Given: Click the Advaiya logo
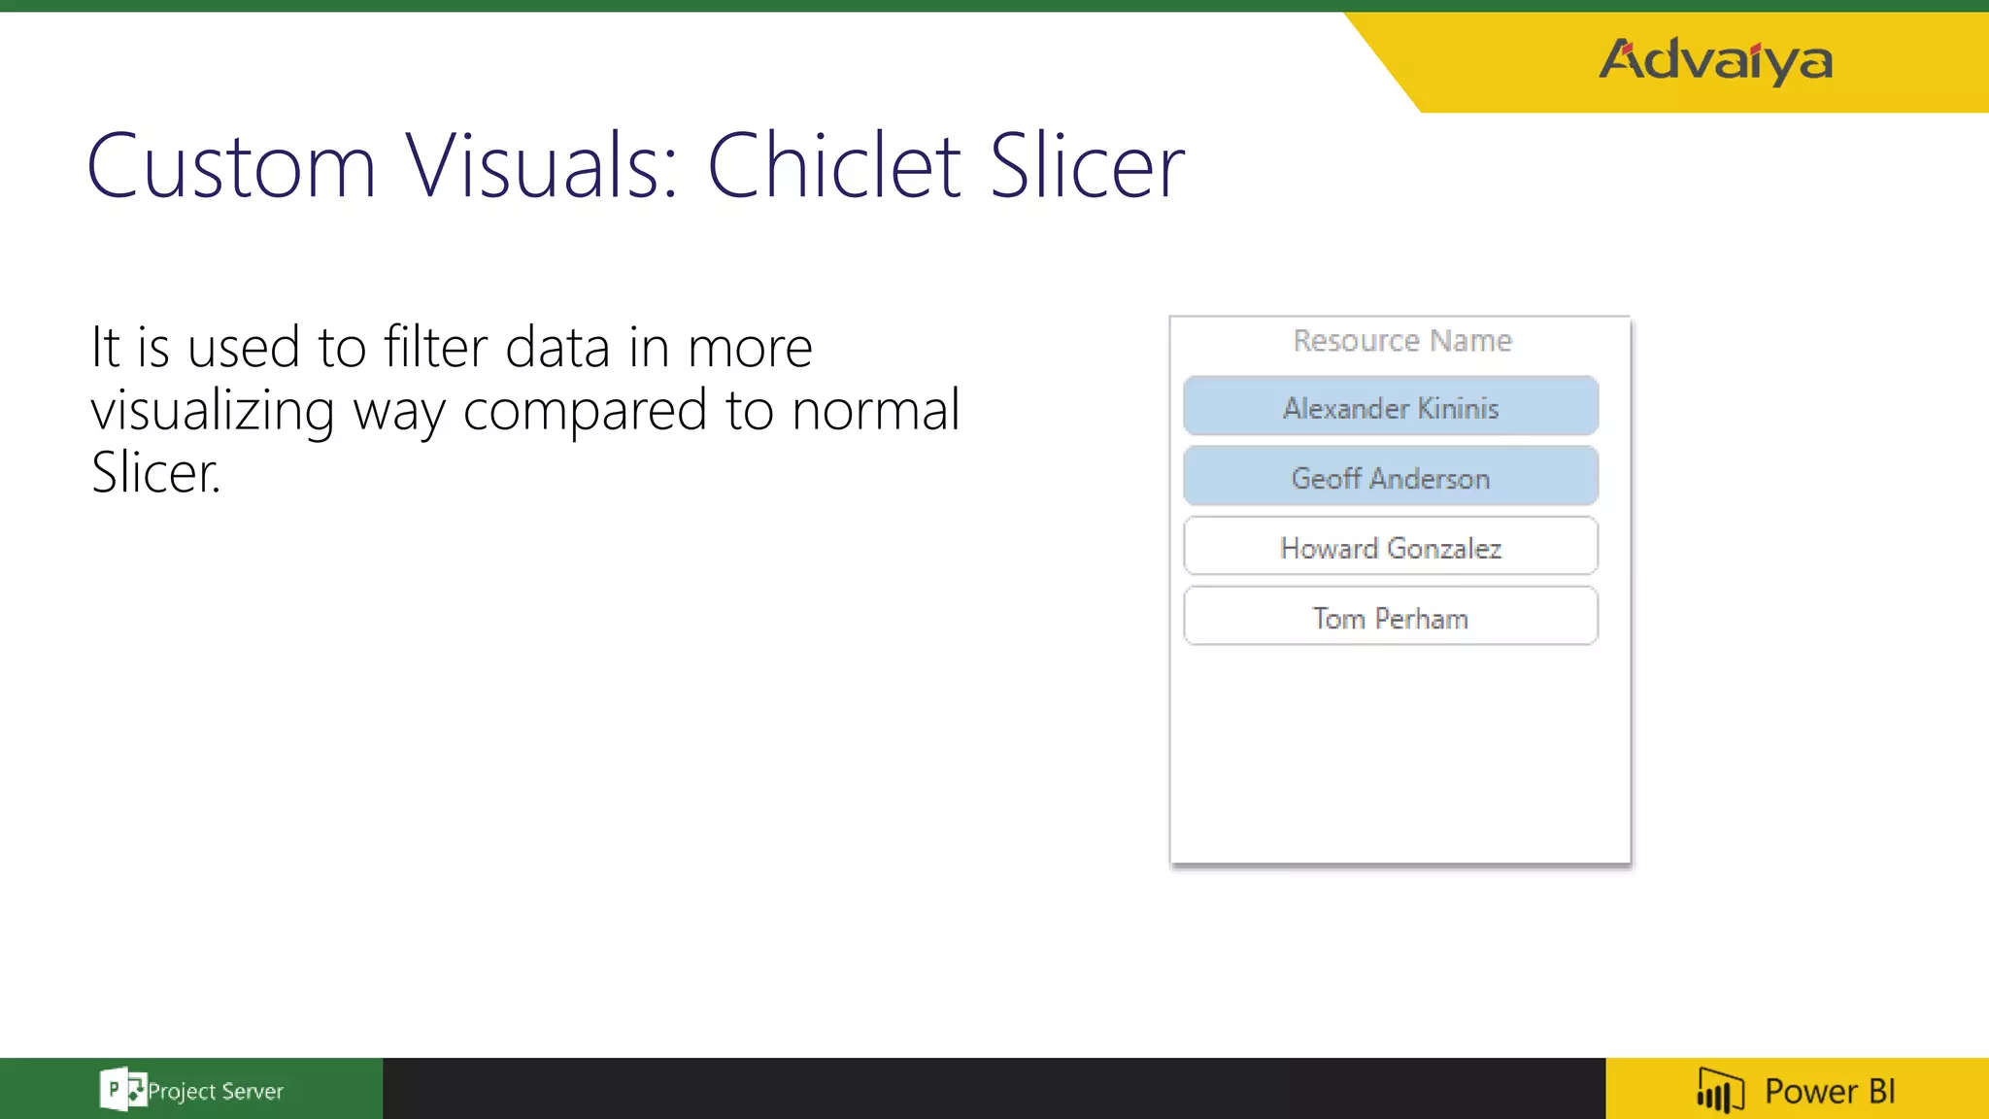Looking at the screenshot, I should pos(1716,60).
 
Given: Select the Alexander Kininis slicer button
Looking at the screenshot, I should pos(1391,406).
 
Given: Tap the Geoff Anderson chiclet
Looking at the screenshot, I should pos(1391,477).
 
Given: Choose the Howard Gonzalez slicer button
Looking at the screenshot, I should pos(1391,547).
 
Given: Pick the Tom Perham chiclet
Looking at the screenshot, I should pos(1391,617).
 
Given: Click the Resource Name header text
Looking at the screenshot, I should pos(1402,341).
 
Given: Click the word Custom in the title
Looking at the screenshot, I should pos(231,167).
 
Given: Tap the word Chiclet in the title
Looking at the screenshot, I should pos(835,167).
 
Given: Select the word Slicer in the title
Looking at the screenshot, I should pos(1087,167).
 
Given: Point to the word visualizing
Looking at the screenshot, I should pos(213,411).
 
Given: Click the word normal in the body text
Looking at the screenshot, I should pos(875,409).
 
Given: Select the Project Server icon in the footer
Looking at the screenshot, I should pos(121,1089).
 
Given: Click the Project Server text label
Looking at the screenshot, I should pos(216,1091).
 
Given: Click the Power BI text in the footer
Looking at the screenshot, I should pos(1830,1091).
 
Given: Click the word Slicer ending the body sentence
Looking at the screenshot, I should pos(155,473).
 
